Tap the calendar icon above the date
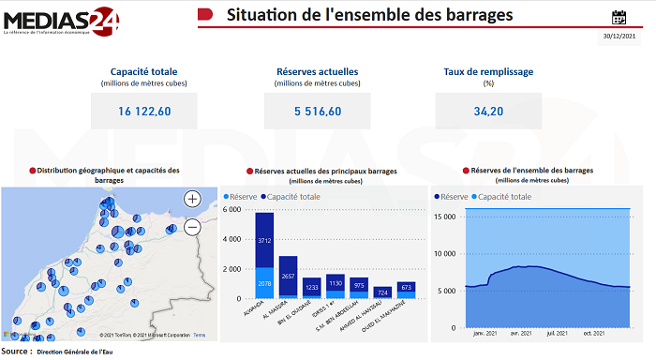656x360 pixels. [619, 17]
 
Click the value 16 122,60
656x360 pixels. [144, 112]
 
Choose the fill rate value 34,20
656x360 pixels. [488, 112]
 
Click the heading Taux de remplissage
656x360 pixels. [488, 72]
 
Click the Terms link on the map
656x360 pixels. [200, 335]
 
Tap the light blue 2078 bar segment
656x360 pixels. [264, 282]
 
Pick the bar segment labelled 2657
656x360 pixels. [288, 277]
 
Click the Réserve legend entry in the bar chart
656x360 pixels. [240, 197]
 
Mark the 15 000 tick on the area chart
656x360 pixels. [446, 217]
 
